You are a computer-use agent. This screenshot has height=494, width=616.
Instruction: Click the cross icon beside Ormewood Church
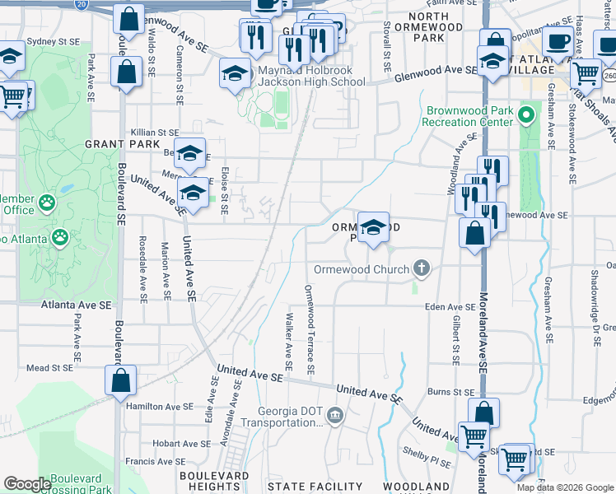[422, 268]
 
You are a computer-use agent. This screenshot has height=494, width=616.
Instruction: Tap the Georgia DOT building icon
[334, 413]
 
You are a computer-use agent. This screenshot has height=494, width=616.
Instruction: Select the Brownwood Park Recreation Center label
[468, 116]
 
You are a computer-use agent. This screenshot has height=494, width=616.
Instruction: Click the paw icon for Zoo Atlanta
[60, 238]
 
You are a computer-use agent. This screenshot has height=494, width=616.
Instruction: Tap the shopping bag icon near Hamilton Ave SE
[121, 382]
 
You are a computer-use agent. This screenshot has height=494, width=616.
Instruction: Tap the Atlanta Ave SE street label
[76, 305]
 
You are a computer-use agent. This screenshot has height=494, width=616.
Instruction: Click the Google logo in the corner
[27, 484]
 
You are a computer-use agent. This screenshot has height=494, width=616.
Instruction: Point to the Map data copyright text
[564, 487]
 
